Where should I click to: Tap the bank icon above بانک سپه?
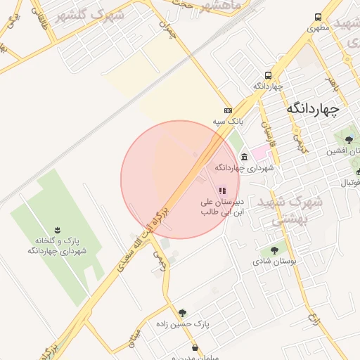228,110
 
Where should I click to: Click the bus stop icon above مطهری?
319,18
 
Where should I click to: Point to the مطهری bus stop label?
319,29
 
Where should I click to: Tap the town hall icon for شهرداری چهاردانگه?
244,157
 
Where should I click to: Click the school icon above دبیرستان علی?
223,191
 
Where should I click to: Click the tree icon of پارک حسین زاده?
183,313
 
